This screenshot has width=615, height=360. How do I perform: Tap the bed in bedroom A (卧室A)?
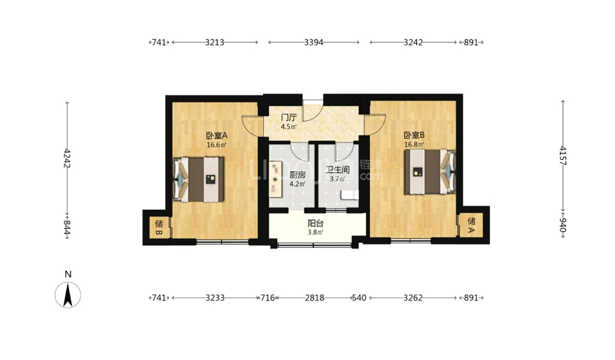tap(199, 179)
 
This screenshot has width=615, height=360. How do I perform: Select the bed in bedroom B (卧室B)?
tap(430, 172)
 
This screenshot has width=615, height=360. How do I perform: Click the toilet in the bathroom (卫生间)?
tap(350, 194)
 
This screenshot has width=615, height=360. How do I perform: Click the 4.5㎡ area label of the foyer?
tap(288, 127)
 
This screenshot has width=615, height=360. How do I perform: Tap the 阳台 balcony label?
tap(315, 223)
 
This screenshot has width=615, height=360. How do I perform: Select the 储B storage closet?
tap(159, 228)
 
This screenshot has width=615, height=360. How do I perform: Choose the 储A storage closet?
tap(471, 225)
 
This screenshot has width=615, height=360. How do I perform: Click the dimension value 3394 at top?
tap(314, 43)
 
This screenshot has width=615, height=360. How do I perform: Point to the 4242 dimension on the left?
tap(68, 158)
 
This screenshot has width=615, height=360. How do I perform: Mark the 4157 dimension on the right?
tap(563, 155)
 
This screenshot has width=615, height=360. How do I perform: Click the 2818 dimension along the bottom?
tap(315, 298)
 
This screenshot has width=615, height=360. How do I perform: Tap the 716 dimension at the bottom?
tap(268, 298)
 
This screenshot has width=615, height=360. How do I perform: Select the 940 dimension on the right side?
tap(563, 226)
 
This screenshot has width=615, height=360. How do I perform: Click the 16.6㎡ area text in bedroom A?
tap(217, 145)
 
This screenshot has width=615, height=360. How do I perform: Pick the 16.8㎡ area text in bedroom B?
tap(414, 145)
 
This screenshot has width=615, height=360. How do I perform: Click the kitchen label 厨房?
tap(297, 175)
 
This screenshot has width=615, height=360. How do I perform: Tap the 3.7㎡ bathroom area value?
tap(337, 179)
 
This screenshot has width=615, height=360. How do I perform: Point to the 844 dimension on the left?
tap(68, 228)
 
